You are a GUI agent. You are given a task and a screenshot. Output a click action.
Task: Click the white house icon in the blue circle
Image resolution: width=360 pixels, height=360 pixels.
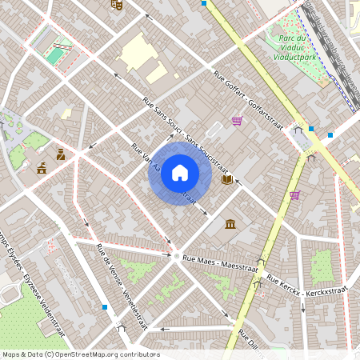pyautogui.click(x=180, y=173)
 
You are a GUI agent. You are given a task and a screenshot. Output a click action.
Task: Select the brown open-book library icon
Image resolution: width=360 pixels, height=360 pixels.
pyautogui.click(x=227, y=180)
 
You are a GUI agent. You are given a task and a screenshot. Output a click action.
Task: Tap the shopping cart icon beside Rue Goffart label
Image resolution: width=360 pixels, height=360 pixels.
pyautogui.click(x=237, y=121)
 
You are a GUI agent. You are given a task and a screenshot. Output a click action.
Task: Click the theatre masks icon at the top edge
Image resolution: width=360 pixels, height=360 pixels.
pyautogui.click(x=117, y=4)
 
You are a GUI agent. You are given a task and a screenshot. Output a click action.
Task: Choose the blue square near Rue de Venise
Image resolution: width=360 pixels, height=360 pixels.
pyautogui.click(x=105, y=306)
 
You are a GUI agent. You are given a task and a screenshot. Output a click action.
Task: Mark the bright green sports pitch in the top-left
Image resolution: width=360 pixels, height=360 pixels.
pyautogui.click(x=54, y=56)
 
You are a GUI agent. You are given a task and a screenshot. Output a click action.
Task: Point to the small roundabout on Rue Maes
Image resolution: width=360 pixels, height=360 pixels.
pyautogui.click(x=177, y=257)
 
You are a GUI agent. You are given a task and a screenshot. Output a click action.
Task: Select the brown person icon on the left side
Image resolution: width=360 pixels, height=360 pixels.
pyautogui.click(x=61, y=154)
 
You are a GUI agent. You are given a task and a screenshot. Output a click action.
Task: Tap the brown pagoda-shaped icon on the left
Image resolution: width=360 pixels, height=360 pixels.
pyautogui.click(x=42, y=167)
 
